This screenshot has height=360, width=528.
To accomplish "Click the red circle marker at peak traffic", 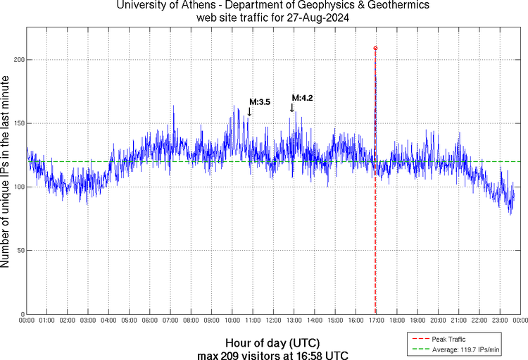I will click(375, 49).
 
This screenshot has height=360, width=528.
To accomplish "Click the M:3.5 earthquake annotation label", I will click(260, 102).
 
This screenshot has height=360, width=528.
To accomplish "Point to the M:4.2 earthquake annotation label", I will click(302, 98).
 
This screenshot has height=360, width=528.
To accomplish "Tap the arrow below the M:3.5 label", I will click(249, 111).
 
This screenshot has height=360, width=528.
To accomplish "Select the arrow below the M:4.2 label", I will click(291, 107).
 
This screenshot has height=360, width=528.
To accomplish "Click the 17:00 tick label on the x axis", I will click(376, 321).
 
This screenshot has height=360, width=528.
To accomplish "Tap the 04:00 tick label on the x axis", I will click(108, 321).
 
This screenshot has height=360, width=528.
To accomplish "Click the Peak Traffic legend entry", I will click(447, 340).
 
